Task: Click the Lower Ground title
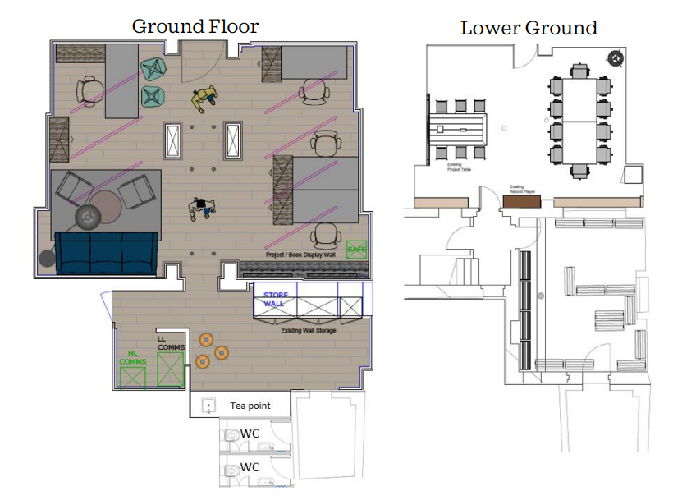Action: coord(529,28)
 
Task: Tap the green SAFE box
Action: coord(356,249)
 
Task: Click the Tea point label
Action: coord(250,406)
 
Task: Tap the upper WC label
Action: coord(250,433)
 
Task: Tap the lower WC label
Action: coord(250,467)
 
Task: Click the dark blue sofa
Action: coord(106,252)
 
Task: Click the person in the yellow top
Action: coord(204,99)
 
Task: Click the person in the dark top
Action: coord(202,208)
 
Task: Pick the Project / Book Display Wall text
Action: coord(303,255)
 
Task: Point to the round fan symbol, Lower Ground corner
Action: coord(614,57)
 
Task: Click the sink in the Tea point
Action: coord(208,406)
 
